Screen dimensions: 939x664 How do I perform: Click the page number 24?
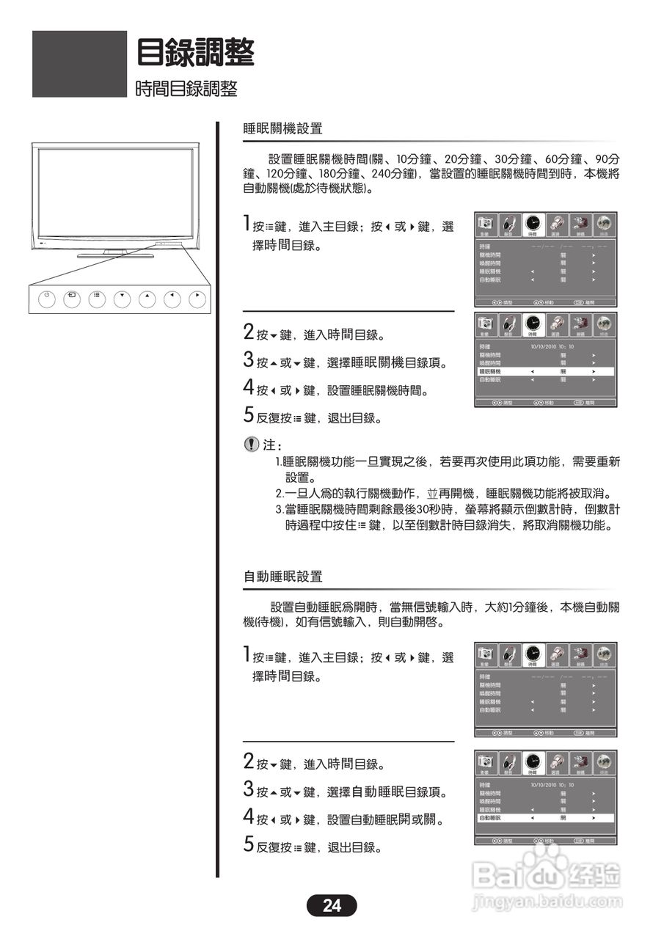(x=332, y=905)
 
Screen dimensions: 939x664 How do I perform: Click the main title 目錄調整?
(x=196, y=53)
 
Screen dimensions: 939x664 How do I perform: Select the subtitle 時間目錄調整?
(x=186, y=89)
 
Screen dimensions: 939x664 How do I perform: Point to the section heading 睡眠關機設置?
(x=282, y=128)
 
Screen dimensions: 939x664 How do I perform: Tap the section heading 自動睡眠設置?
(x=282, y=577)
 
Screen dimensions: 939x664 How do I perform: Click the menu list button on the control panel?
(x=97, y=299)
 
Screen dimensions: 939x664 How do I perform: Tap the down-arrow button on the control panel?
(x=123, y=299)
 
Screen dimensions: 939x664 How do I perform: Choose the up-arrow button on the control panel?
(x=147, y=299)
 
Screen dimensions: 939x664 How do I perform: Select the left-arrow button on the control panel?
(x=173, y=299)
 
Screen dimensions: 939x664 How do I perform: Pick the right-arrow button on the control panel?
(x=198, y=299)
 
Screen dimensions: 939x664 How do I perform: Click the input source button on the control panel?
(x=72, y=299)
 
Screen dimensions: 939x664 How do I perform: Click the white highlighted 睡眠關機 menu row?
(x=545, y=372)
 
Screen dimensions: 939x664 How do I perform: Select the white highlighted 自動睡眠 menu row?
(x=545, y=817)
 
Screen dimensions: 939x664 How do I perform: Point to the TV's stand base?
(x=115, y=255)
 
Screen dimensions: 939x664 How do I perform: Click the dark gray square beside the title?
(x=79, y=64)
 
